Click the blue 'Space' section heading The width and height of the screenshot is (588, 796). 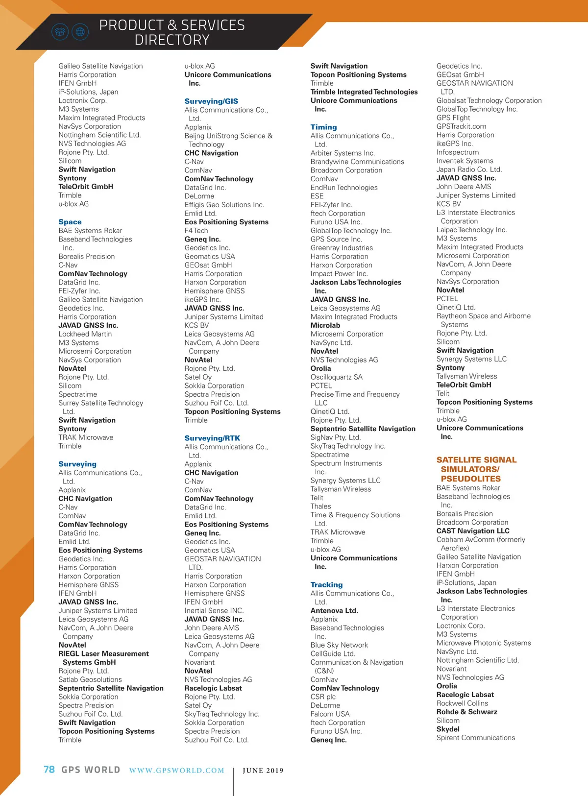point(70,222)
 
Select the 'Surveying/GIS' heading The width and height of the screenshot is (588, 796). point(211,101)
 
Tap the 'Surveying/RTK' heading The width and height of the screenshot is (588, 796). point(212,438)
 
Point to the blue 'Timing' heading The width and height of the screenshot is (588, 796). point(323,127)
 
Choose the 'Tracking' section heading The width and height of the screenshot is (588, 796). point(326,584)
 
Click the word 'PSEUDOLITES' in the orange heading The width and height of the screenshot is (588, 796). point(470,479)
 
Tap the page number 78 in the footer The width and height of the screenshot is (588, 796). point(49,770)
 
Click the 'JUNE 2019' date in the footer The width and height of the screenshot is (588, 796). point(263,771)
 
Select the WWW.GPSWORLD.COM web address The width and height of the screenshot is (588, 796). point(176,771)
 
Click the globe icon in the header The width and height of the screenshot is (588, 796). point(80,32)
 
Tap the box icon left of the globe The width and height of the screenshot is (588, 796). point(60,32)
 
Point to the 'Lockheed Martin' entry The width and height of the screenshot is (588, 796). point(85,334)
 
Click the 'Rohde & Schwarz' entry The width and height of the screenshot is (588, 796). point(466,712)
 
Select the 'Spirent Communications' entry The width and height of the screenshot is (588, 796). point(475,738)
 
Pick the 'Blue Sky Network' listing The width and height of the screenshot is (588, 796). point(339,645)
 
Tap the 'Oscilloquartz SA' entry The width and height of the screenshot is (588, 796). point(336,377)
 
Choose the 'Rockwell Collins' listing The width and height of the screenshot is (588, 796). point(462,703)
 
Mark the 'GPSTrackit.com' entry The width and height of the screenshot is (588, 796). point(461,126)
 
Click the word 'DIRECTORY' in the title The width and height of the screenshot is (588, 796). point(172,40)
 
